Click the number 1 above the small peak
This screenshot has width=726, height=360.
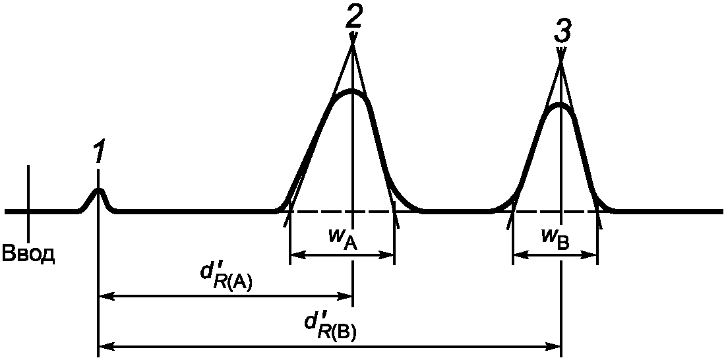click(x=98, y=154)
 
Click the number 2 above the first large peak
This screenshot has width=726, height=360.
click(x=353, y=17)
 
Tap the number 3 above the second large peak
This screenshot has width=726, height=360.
click(x=562, y=30)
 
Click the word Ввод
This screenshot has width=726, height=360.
click(x=29, y=254)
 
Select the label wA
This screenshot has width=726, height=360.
click(x=343, y=241)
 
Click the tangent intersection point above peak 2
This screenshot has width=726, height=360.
click(x=353, y=42)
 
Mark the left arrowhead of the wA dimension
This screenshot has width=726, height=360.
click(x=294, y=254)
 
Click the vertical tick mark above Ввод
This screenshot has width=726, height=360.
click(x=28, y=198)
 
